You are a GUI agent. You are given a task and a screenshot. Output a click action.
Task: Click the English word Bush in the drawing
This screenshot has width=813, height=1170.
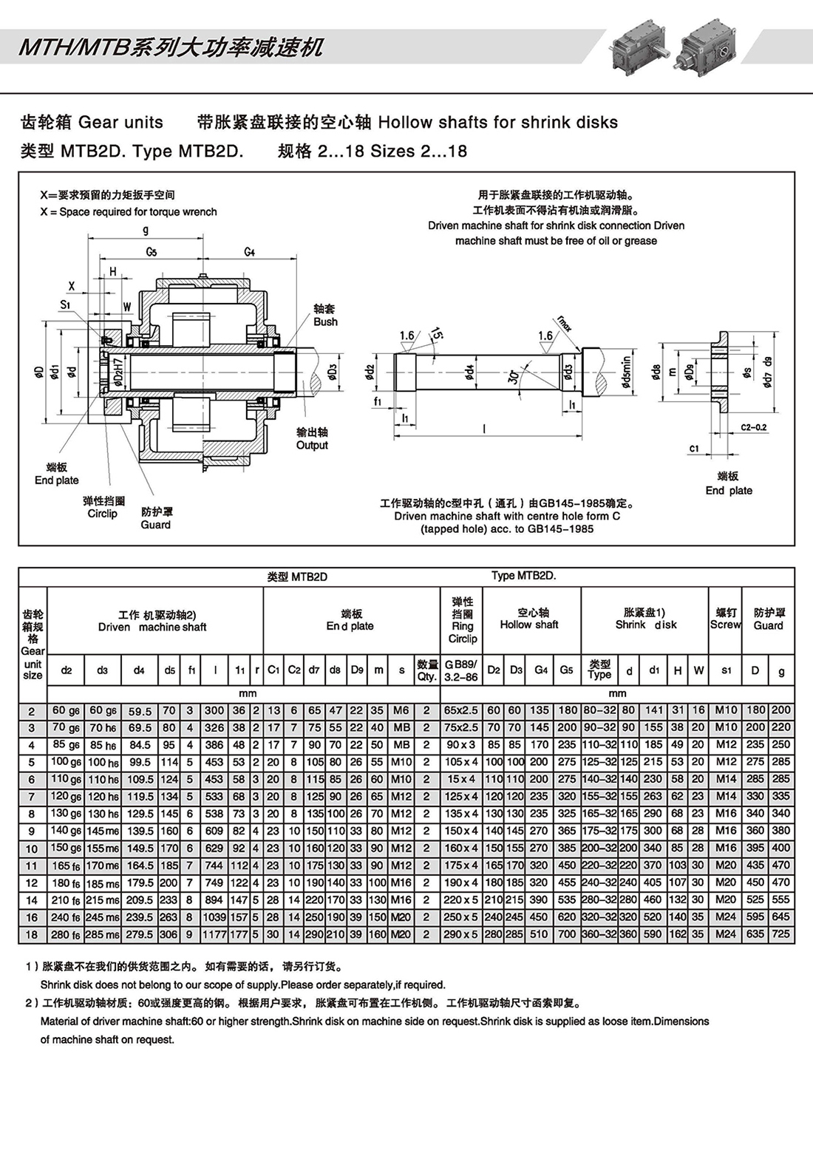tap(325, 322)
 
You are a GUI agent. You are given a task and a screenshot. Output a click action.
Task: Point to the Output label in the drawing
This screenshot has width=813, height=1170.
tap(312, 445)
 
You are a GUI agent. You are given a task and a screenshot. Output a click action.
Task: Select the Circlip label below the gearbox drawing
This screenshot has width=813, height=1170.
tap(102, 513)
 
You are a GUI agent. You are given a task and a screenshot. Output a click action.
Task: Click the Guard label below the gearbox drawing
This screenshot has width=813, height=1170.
tap(155, 525)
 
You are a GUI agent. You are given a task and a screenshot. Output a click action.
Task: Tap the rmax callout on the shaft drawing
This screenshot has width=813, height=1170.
tap(564, 323)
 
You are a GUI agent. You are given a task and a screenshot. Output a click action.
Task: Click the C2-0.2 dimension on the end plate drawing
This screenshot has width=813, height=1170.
tap(754, 427)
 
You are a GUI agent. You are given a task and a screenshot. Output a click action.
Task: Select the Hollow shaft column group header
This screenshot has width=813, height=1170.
tap(529, 625)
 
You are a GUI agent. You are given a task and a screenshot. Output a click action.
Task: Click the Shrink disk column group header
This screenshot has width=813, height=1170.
tap(645, 625)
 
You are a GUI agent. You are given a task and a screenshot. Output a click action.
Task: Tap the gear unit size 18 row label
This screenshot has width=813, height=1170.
tap(32, 934)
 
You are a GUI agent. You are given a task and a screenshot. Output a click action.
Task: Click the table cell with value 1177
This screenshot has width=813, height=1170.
tap(214, 934)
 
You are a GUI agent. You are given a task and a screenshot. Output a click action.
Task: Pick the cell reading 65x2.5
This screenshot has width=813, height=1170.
tap(462, 710)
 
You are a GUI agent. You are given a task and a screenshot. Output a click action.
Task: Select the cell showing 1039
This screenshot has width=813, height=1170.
tap(214, 917)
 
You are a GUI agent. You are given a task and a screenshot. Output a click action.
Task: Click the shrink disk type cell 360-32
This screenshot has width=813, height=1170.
tap(599, 934)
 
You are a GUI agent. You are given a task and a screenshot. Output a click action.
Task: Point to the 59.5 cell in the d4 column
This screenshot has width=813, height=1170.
tap(139, 711)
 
